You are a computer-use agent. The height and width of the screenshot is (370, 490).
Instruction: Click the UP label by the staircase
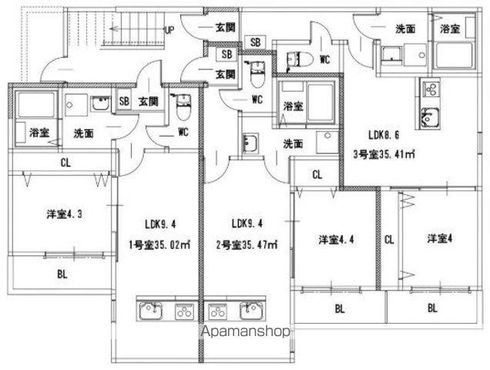pos(169,30)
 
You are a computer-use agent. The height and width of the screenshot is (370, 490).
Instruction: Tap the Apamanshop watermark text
pos(246,331)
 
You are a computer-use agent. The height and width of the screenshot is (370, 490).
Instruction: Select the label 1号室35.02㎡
pos(159,245)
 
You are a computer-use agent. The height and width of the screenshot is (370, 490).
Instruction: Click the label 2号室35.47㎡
pos(247,245)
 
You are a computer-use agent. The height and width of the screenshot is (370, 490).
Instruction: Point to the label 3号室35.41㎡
pos(384,154)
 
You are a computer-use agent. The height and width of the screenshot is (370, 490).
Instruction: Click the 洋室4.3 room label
pos(65,214)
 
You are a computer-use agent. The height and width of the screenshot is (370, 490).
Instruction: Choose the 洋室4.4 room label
pos(336,240)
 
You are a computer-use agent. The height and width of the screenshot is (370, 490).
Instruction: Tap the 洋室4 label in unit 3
pos(440,239)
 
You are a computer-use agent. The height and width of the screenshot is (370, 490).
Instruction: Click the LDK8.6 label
pos(384,135)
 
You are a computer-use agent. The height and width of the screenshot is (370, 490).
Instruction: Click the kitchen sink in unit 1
pos(151,311)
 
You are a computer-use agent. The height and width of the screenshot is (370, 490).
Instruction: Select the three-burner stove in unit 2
pos(217,311)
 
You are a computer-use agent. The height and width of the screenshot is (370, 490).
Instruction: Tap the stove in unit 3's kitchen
pos(431,89)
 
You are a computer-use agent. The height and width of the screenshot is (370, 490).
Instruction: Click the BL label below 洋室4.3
pos(62,274)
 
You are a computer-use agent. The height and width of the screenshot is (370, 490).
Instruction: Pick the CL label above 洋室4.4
pos(317,174)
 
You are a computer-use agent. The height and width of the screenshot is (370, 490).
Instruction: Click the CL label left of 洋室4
pos(389,240)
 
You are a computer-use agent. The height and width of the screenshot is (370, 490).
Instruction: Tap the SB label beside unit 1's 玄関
pos(124,101)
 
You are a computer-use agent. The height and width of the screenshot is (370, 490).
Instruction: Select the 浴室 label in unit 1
pos(39,133)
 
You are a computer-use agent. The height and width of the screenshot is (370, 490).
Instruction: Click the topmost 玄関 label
pos(225,28)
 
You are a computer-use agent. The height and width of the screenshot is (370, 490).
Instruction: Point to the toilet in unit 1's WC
pos(183,108)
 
